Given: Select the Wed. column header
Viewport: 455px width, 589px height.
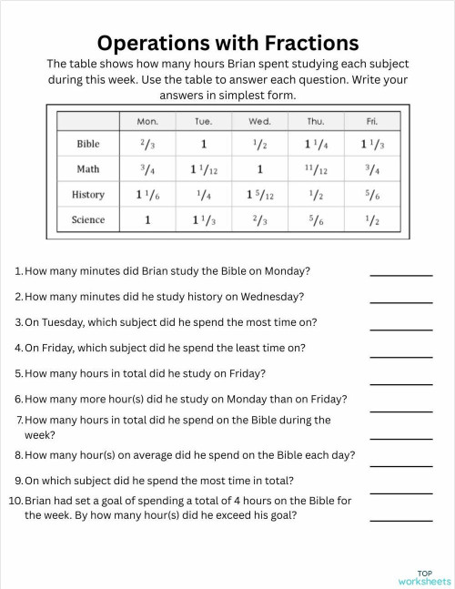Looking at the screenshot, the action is [259, 121].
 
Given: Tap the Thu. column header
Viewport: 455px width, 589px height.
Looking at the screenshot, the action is [315, 121].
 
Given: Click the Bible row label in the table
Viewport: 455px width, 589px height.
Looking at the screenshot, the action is [88, 144].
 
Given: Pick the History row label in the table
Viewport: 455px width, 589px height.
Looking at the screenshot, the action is [88, 195].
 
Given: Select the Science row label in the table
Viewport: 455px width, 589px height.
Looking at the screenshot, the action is [88, 219].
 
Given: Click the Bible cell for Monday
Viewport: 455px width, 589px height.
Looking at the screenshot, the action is [147, 144].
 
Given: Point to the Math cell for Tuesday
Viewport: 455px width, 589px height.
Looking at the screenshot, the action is [204, 169].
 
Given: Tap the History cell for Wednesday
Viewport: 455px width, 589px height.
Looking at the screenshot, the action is [259, 195].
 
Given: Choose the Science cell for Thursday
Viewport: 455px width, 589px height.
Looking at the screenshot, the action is [315, 219].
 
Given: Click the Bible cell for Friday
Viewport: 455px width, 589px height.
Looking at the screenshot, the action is [372, 144].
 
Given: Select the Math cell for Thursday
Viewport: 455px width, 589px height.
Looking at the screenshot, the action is [315, 169].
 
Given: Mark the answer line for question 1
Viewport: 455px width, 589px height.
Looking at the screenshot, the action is [400, 273].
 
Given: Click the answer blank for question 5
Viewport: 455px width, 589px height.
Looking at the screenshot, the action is [400, 382].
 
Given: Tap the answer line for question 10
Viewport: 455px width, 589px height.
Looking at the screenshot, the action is [400, 520].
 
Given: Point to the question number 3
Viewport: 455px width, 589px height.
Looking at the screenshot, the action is [18, 322].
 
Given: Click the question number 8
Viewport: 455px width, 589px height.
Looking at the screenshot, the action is [18, 455].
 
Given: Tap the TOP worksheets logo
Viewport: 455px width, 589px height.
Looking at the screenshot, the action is [424, 577].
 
